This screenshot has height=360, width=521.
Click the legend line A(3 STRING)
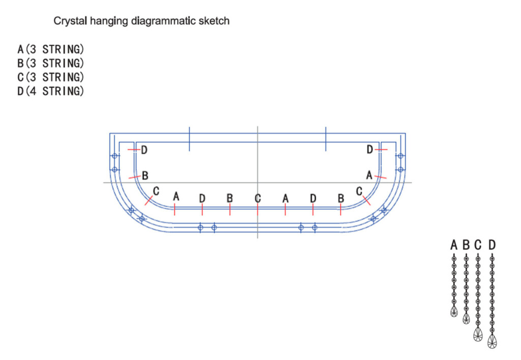50,49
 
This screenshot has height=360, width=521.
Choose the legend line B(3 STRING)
50,63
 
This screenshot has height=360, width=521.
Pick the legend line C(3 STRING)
50,77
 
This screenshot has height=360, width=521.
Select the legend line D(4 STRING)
50,91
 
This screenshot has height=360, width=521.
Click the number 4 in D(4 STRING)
33,91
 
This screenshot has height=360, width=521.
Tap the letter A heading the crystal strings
454,245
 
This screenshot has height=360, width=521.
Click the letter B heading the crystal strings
466,245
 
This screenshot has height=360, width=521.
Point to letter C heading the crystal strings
478,245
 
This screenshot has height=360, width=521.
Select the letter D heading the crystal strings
492,245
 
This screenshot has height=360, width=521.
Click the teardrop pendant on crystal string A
454,312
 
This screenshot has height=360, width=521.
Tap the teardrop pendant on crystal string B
466,318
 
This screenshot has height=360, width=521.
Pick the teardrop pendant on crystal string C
478,334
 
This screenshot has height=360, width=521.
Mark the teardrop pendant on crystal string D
492,341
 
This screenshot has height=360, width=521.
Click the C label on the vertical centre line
258,199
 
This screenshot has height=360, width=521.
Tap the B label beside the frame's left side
145,176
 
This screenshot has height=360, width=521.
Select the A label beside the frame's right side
369,175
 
